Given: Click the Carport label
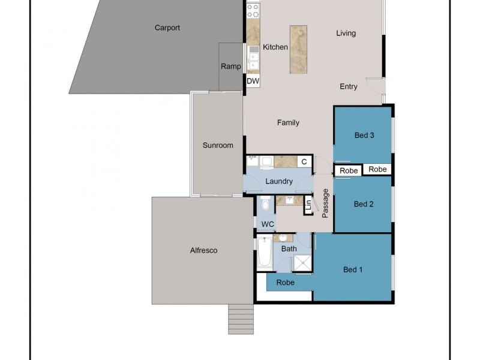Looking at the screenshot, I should point(167,28).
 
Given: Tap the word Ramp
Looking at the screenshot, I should point(231,67).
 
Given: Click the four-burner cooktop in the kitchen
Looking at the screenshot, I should point(253,10).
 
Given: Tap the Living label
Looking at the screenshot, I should point(346,33).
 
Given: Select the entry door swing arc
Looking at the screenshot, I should point(375,86).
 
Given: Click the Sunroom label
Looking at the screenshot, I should point(218,145).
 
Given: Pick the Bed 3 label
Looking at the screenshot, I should point(364,136).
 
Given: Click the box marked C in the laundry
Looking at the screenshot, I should point(304,161).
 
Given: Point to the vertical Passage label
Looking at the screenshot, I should point(326,203).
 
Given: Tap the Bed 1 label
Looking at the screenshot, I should point(353,269).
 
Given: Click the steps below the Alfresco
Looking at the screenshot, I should point(240,319).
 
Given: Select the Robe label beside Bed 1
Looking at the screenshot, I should point(285,282).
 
